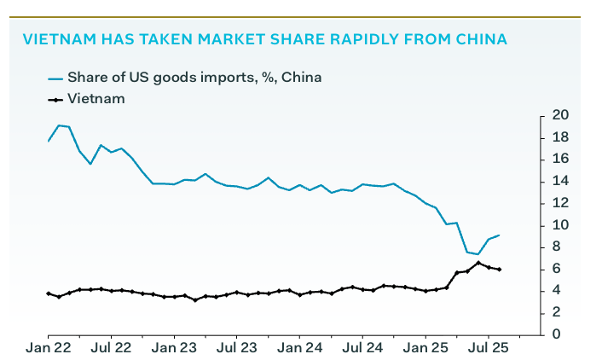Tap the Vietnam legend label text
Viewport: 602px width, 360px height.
click(96, 99)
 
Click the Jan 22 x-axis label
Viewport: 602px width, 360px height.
click(48, 348)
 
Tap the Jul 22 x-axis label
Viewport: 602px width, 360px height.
click(111, 348)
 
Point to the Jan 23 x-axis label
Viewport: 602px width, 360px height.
click(174, 348)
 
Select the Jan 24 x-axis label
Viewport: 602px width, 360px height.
click(300, 348)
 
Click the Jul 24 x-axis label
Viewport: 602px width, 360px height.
click(362, 348)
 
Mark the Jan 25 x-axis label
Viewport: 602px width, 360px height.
click(425, 348)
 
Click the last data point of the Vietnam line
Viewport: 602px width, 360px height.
click(499, 270)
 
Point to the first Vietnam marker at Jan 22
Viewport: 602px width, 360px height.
click(49, 293)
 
